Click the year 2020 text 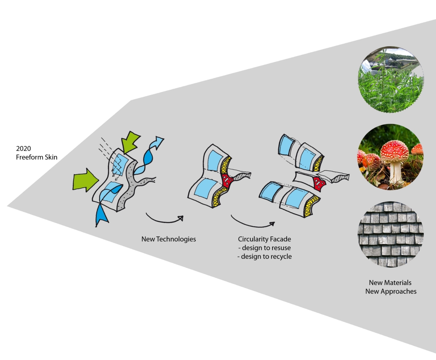point(24,149)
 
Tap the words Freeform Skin point(37,157)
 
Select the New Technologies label point(169,239)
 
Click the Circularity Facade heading point(265,239)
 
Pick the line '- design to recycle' point(265,256)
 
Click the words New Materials point(390,283)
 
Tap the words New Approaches point(391,291)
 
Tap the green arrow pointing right point(86,179)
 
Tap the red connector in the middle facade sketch point(227,180)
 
